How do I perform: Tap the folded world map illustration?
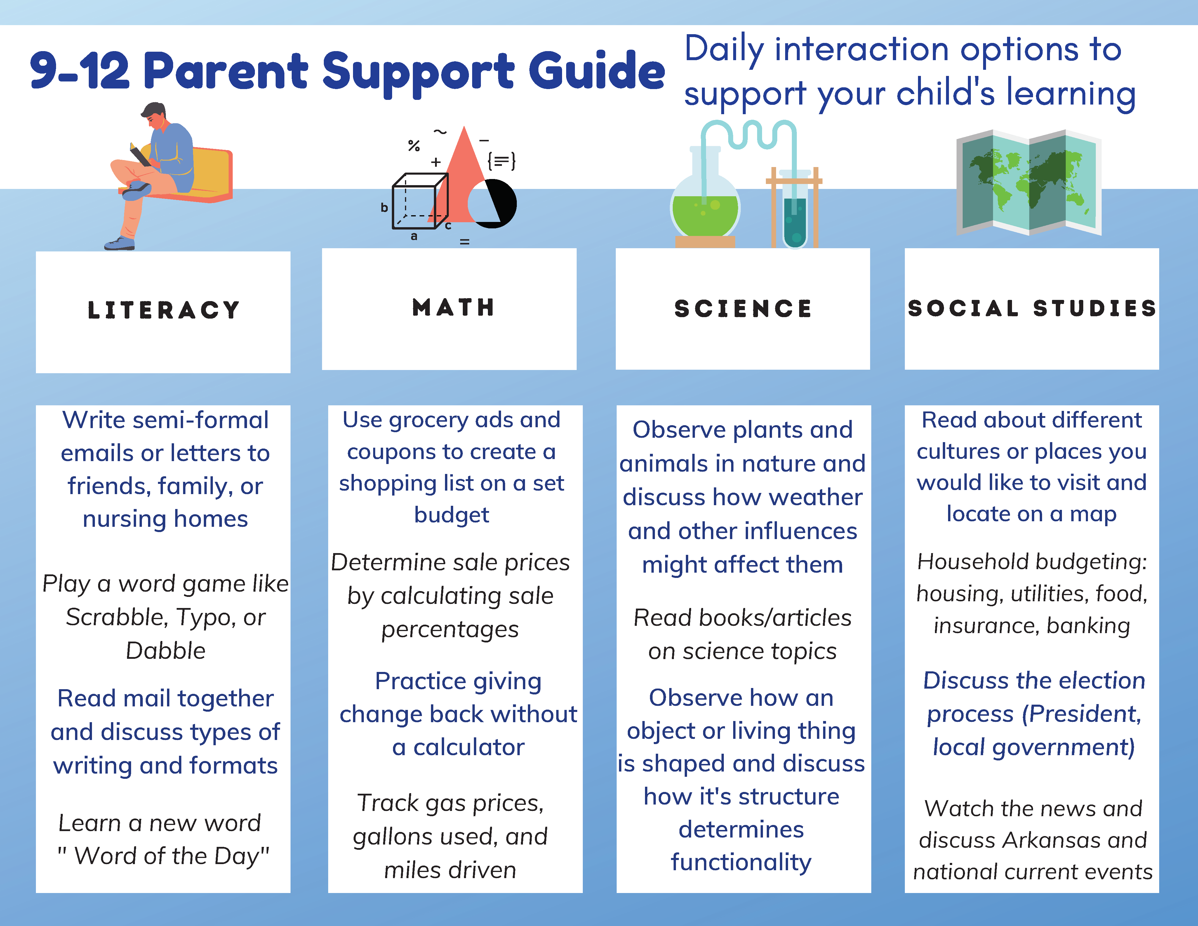point(1028,183)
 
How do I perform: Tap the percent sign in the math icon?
point(414,145)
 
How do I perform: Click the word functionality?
point(741,862)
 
